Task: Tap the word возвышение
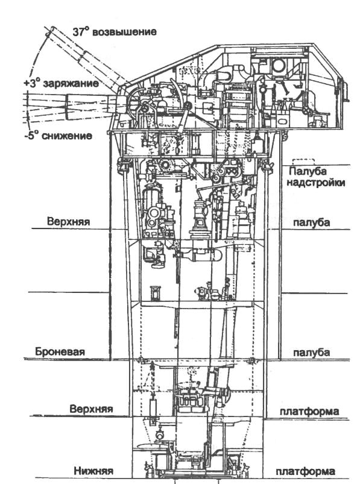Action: click(124, 32)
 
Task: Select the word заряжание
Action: click(71, 84)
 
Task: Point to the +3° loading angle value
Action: click(32, 83)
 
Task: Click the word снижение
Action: click(67, 136)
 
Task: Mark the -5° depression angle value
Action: click(32, 136)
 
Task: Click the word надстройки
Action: click(315, 183)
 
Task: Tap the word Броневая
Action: click(60, 351)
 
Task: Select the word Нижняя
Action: click(93, 471)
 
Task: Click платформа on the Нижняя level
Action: click(305, 472)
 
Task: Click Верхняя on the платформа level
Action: click(91, 409)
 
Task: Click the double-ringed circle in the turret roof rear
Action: click(279, 65)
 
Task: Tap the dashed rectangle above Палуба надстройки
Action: click(303, 162)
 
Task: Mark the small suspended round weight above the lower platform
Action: click(160, 435)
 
